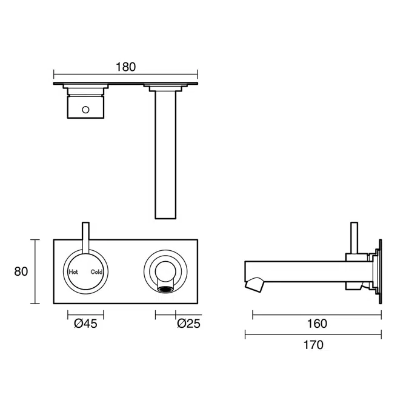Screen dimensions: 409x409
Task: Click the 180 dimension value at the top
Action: pos(125,67)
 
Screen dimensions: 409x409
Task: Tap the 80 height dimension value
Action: pos(21,271)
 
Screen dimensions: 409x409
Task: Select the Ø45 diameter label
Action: pos(85,324)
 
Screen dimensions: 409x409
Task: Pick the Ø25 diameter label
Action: pos(188,324)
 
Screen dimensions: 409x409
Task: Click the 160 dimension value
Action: pos(316,324)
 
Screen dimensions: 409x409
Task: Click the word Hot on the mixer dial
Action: pos(74,272)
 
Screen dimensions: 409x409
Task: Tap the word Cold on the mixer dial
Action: pos(96,272)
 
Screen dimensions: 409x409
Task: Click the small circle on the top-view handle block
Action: pos(86,110)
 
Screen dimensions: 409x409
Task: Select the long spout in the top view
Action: pos(165,158)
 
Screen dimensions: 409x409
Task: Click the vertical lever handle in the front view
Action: pos(85,239)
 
